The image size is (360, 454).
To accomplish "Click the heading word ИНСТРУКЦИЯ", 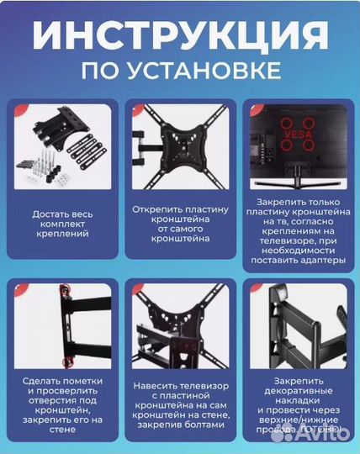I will coord(180,35).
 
